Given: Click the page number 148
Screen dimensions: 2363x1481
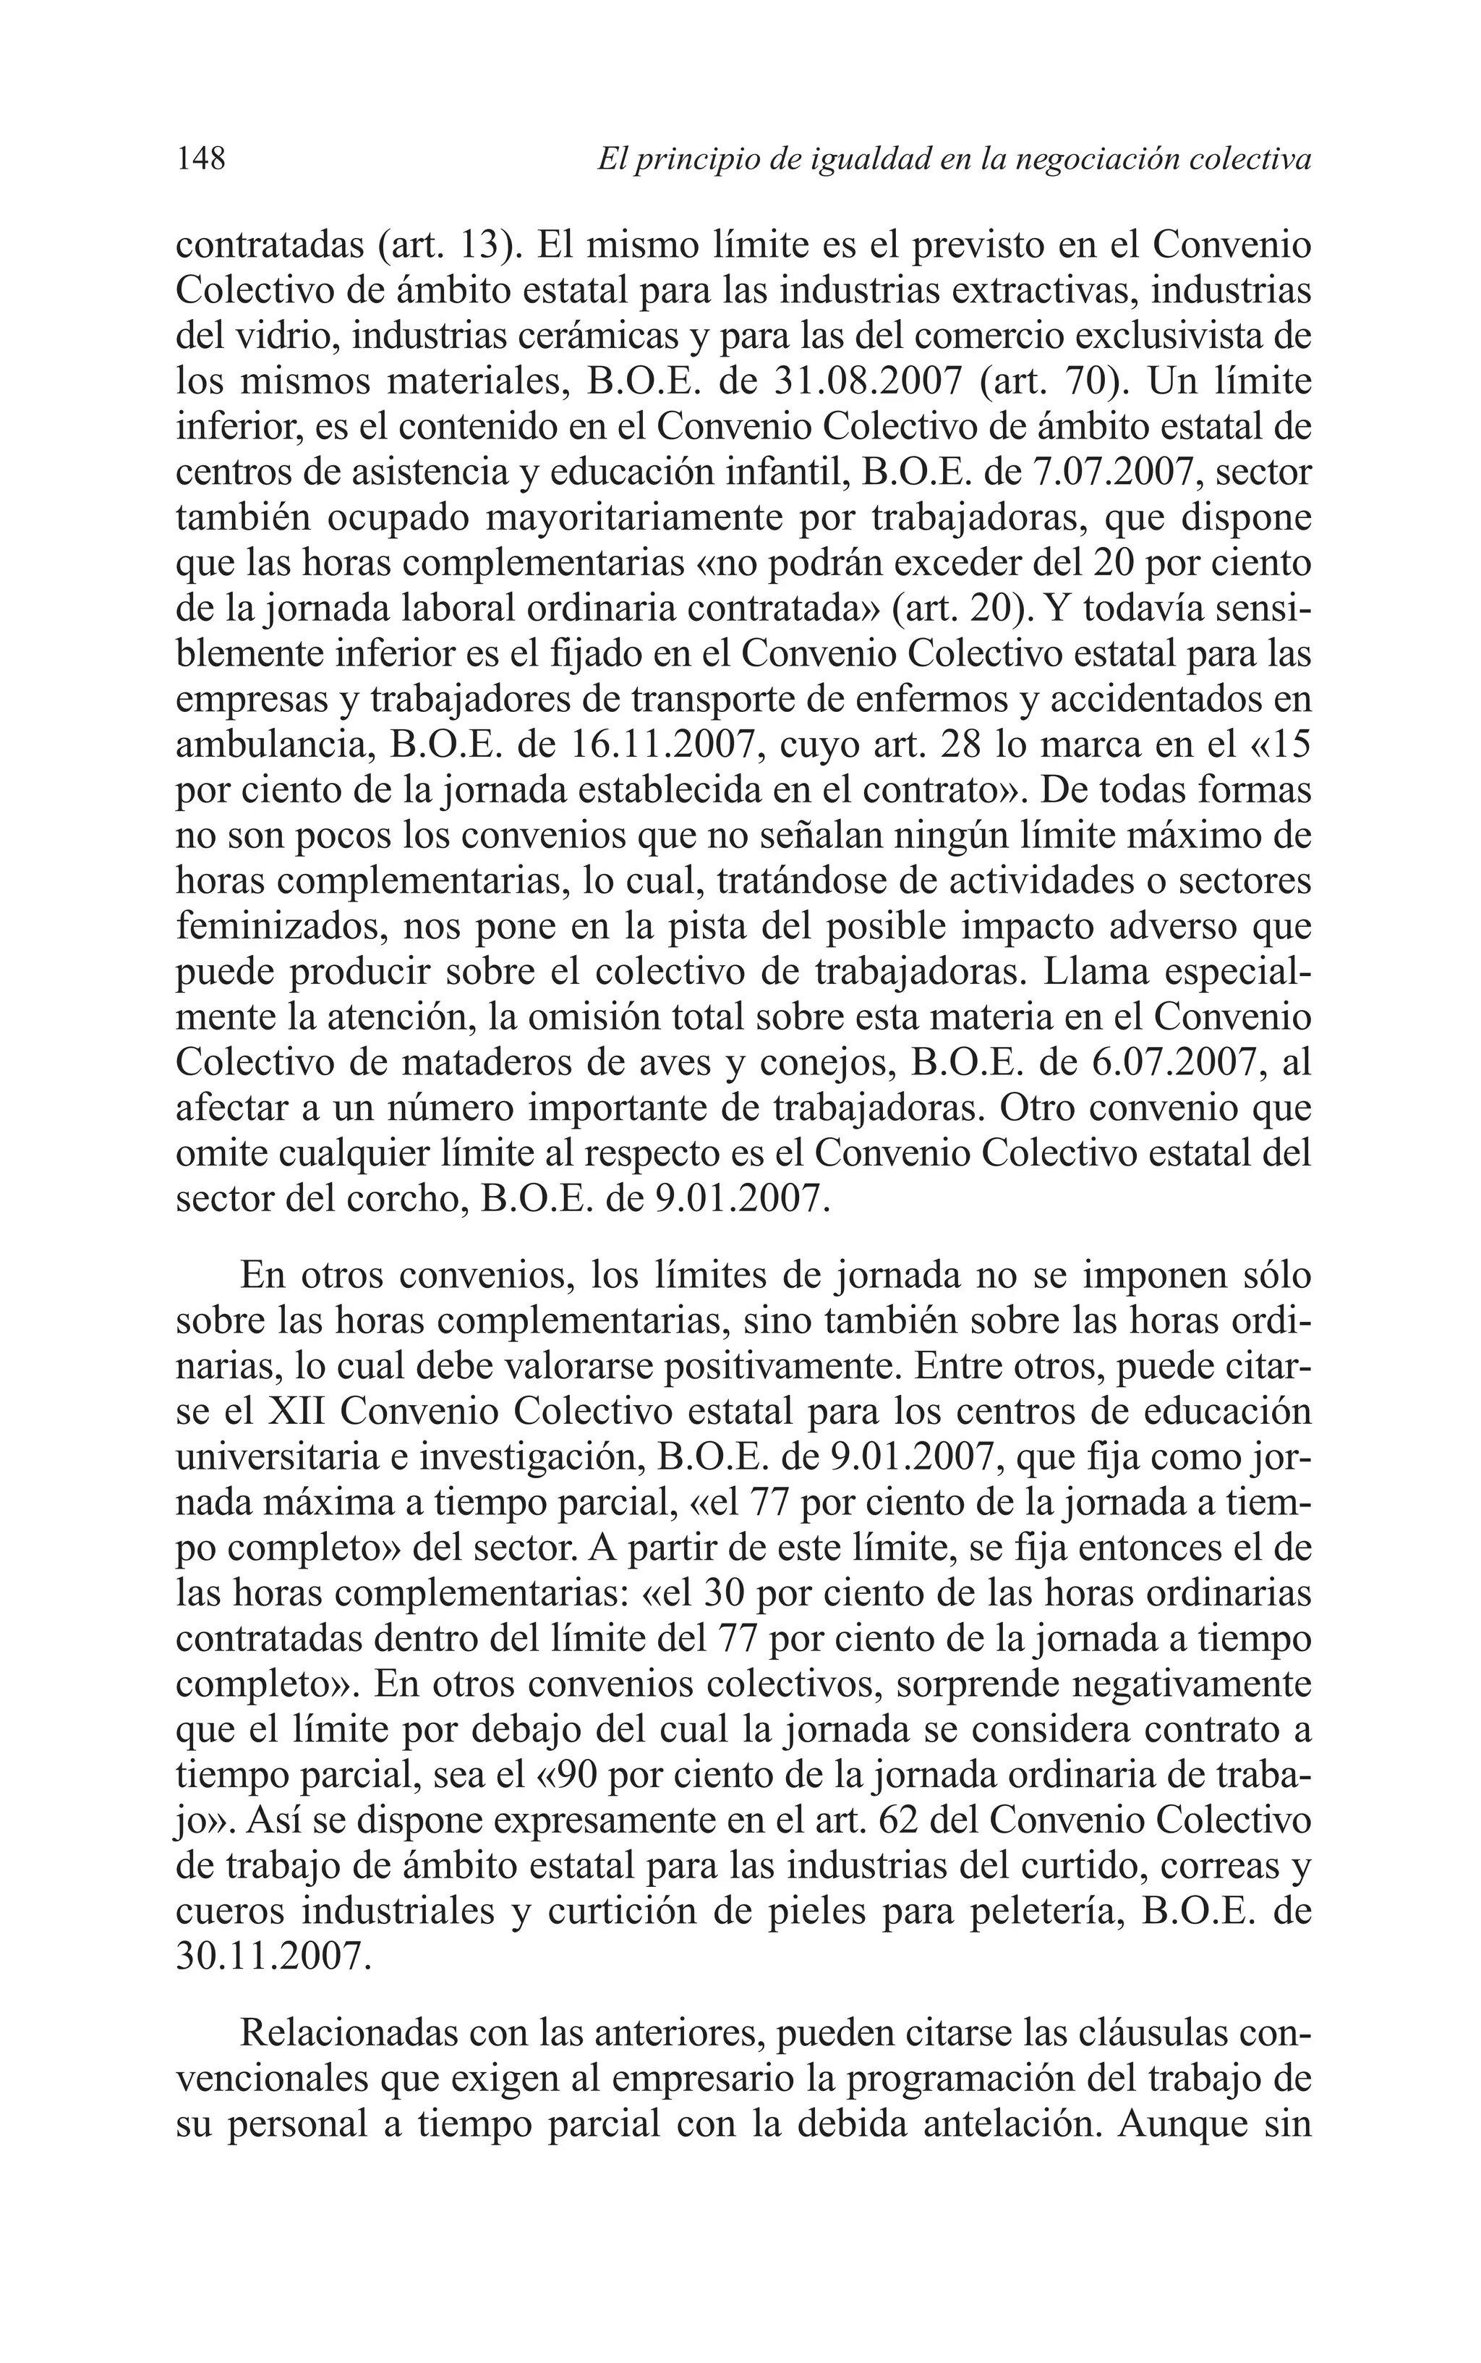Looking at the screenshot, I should (201, 158).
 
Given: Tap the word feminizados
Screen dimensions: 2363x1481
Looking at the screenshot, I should (280, 927).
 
